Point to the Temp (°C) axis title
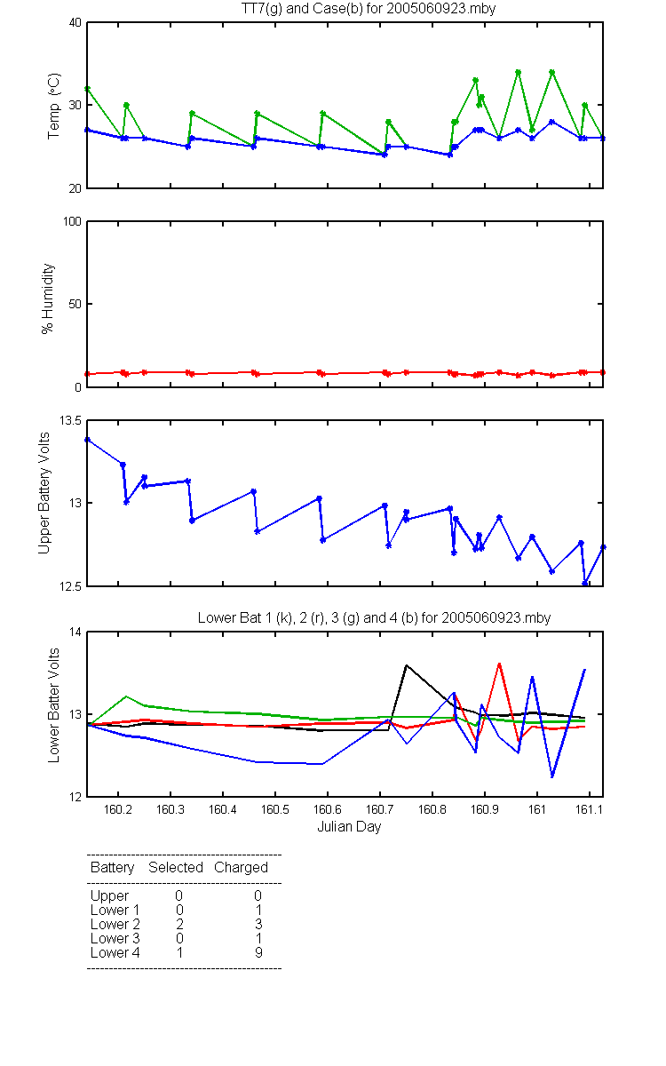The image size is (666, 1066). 54,106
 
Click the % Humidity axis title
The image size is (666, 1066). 48,298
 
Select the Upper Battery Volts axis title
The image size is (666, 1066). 44,493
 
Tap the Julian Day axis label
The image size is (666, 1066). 349,827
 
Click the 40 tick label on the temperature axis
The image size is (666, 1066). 75,22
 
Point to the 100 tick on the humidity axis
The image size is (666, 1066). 72,221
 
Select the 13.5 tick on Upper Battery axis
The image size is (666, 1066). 70,420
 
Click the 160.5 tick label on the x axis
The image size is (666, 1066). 275,809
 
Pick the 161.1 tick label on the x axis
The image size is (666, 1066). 589,809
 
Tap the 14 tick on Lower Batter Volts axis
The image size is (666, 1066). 75,632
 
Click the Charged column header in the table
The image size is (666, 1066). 241,868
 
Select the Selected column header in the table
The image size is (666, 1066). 176,868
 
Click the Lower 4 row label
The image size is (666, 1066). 115,952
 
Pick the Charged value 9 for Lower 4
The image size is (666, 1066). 258,952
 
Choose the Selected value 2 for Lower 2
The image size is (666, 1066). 179,924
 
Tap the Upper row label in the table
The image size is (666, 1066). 109,896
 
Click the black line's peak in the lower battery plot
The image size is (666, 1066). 407,664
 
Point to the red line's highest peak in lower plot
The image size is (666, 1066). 499,663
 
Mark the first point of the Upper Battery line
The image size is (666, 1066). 88,440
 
